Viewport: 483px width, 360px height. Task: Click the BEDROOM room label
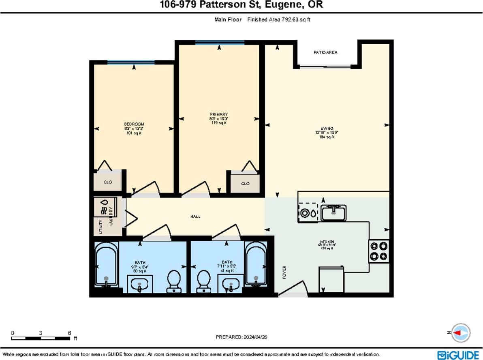134,124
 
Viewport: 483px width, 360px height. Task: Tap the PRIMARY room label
219,114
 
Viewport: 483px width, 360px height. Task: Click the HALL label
195,217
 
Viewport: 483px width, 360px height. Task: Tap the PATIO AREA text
325,52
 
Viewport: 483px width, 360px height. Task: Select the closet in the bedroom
108,182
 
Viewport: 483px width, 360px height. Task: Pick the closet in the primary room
245,183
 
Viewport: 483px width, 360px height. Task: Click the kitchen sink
333,212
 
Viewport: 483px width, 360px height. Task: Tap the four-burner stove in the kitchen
378,251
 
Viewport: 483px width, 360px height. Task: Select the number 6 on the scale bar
70,333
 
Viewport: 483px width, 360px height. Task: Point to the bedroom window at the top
130,62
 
